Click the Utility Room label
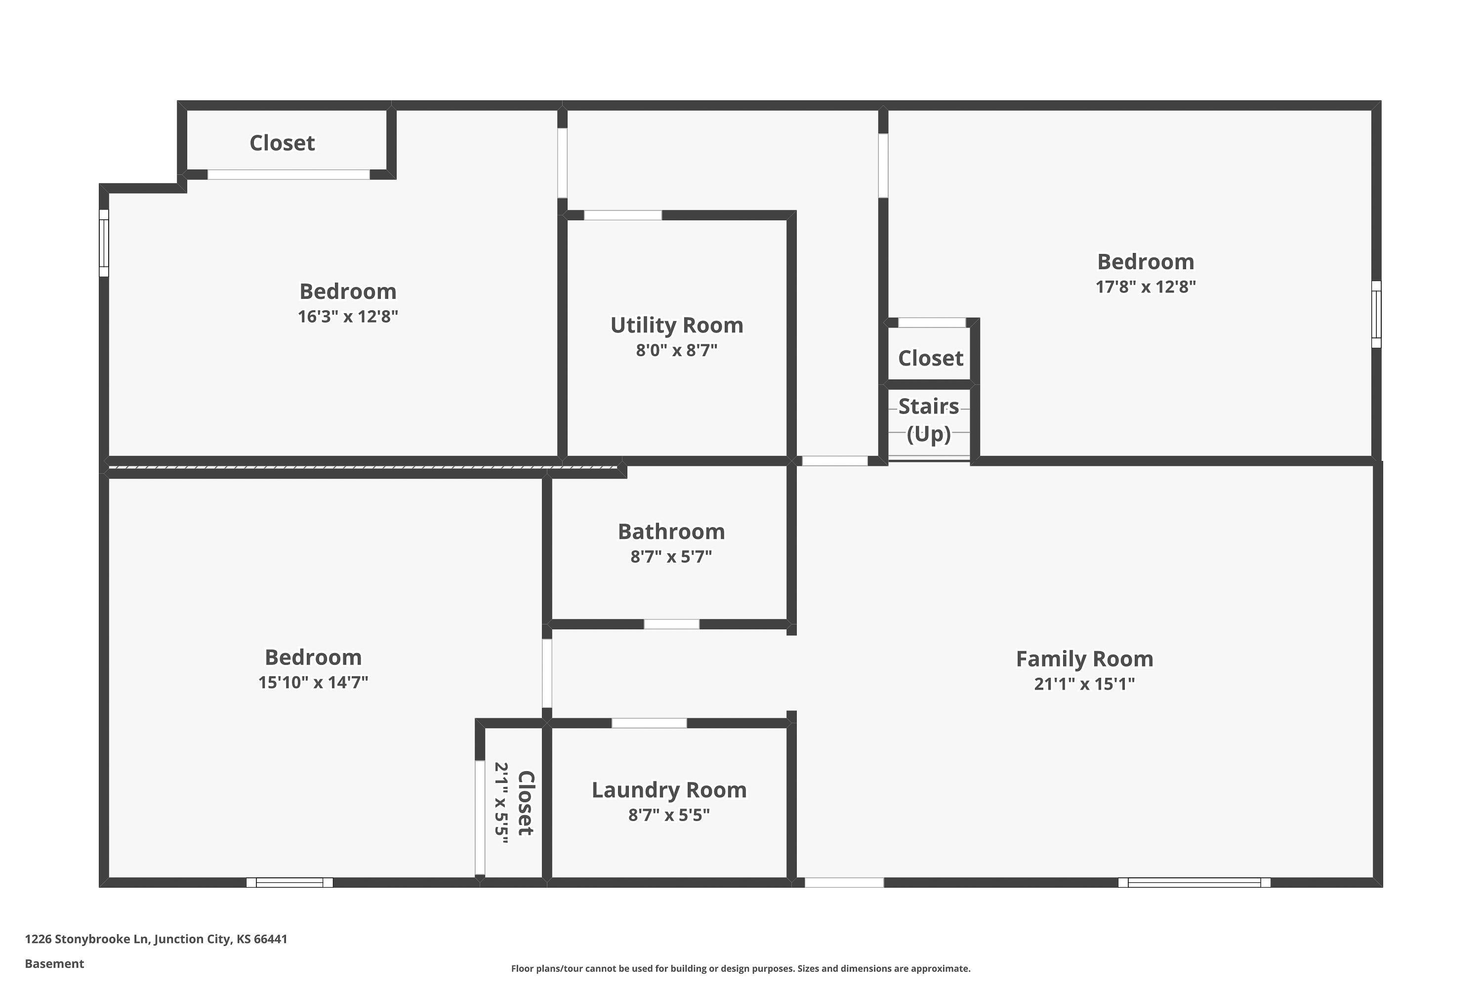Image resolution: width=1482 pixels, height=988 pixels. tap(677, 325)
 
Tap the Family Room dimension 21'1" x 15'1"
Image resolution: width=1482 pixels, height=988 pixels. tap(1084, 684)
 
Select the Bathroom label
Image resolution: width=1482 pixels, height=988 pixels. tap(671, 532)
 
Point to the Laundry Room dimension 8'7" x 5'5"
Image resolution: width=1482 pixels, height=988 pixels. tap(668, 815)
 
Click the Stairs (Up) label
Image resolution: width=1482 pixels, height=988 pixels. tap(929, 419)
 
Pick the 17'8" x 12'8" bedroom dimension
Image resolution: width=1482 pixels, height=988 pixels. tap(1146, 287)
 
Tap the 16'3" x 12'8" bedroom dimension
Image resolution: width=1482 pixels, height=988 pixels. tap(348, 316)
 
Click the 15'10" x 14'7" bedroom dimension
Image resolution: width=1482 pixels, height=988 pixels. tap(313, 682)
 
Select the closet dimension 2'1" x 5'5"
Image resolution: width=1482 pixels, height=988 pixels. tap(501, 803)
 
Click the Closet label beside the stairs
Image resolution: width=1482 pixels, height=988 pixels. tap(931, 359)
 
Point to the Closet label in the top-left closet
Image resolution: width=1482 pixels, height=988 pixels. tap(282, 143)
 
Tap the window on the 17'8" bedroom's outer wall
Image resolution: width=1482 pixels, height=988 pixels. tap(1376, 314)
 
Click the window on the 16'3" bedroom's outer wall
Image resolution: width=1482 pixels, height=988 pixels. tap(104, 243)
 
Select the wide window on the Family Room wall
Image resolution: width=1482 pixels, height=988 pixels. tap(1194, 882)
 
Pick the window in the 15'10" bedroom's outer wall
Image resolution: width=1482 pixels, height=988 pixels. tap(289, 882)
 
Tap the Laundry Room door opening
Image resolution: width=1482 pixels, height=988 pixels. tap(649, 723)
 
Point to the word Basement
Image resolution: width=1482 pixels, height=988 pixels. tap(54, 963)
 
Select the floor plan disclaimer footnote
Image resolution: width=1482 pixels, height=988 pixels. tap(741, 968)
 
